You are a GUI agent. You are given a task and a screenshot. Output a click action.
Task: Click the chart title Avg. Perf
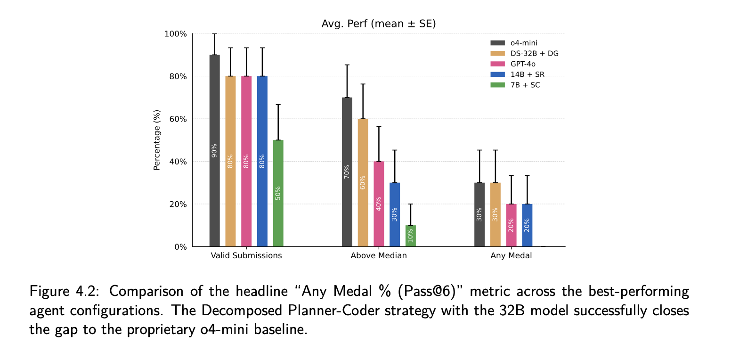(379, 23)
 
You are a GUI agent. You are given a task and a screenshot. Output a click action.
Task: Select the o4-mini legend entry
(523, 43)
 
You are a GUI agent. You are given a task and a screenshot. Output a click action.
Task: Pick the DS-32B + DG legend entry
(534, 53)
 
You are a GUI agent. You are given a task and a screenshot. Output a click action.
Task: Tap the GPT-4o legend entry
(522, 64)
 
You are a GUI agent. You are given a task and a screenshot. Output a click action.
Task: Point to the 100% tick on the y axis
(175, 34)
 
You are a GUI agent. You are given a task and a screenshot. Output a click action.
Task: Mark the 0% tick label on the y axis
(181, 247)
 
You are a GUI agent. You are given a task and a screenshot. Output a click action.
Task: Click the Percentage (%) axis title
(157, 140)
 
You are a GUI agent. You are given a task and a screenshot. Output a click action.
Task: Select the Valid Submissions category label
(246, 256)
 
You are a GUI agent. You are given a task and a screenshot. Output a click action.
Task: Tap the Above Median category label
(379, 256)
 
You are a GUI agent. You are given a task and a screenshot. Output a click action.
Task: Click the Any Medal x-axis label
(511, 256)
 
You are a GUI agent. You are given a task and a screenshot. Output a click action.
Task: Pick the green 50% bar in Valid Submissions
(278, 193)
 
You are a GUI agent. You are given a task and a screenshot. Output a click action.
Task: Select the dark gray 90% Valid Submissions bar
(214, 151)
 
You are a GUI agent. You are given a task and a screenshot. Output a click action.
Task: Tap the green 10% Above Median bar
(410, 236)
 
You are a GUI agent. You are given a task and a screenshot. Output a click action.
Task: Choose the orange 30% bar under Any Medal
(495, 214)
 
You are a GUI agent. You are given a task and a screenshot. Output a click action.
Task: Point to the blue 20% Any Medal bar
(527, 225)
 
